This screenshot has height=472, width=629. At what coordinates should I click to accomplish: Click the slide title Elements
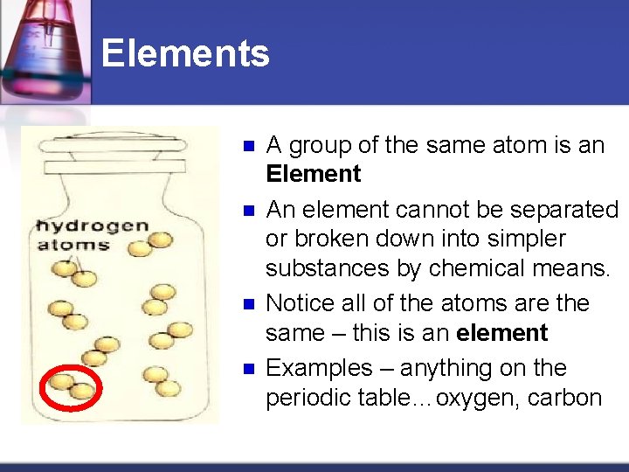pyautogui.click(x=185, y=53)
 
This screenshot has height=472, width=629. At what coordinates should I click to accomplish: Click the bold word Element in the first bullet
pyautogui.click(x=313, y=174)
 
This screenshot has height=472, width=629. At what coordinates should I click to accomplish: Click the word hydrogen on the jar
pyautogui.click(x=92, y=227)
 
